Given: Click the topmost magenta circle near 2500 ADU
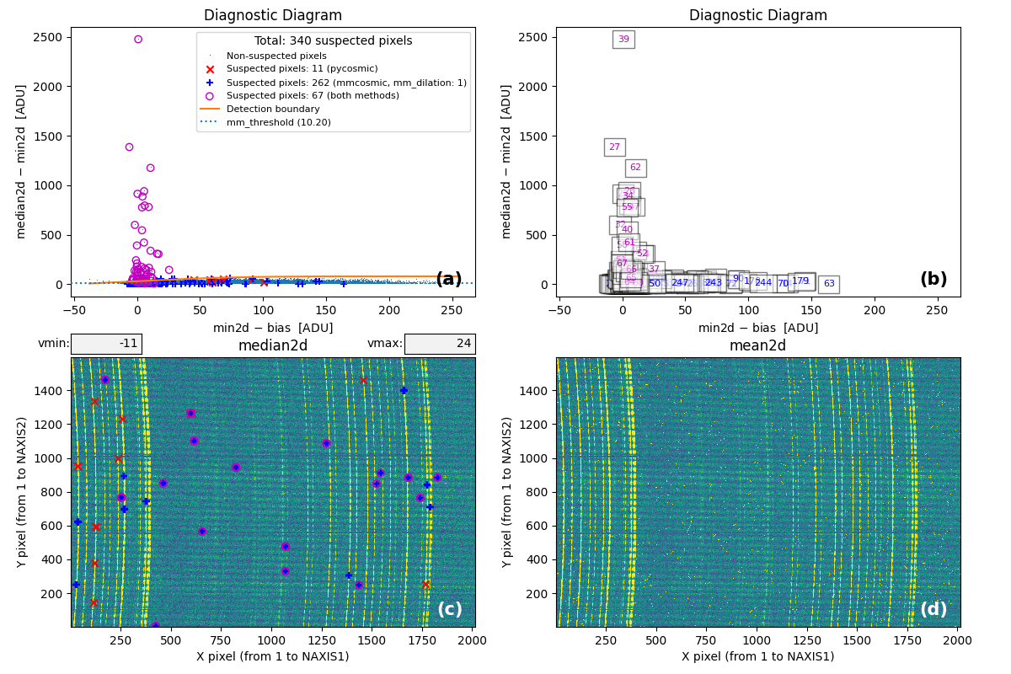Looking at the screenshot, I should point(138,39).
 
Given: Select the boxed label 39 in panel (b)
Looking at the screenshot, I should point(623,39).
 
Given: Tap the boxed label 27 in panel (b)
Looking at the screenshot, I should point(614,147).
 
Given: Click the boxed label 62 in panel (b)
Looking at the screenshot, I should point(635,167).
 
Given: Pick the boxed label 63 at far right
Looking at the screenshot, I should point(829,284).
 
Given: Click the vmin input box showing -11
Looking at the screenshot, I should point(106,344).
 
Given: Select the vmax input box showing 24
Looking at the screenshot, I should point(440,344).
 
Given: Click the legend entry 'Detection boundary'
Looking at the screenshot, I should point(273,110).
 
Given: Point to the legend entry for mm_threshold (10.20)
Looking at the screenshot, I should point(278,122).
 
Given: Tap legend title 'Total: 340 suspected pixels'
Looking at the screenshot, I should point(333,40).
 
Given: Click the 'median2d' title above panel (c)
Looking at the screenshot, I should point(273,345).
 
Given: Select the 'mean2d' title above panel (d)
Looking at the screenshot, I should point(758,345).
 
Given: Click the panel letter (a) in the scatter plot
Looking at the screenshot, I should point(448,280).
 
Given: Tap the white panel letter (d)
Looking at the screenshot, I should point(933,609).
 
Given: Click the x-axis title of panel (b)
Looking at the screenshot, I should point(758,328).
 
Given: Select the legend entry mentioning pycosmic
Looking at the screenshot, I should point(302,69).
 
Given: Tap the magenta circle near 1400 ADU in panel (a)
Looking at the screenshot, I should point(129,147).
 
